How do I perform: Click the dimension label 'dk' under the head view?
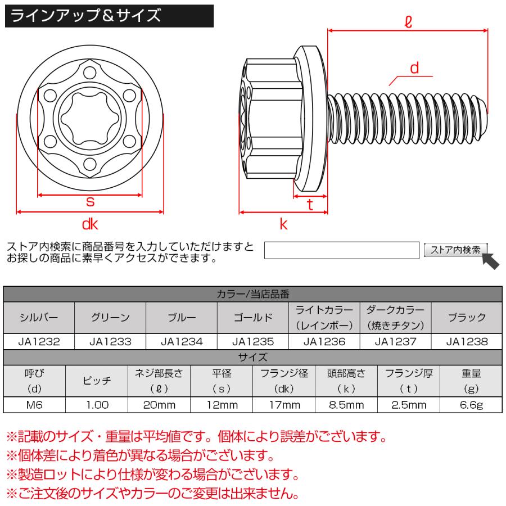90,225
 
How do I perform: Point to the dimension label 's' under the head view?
89,202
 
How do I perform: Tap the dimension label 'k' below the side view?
283,224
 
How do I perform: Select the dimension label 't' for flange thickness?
310,206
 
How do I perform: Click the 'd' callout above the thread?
415,68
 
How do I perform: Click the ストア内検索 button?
456,250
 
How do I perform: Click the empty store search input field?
342,250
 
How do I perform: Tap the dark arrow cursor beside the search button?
490,260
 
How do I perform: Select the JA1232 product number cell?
39,341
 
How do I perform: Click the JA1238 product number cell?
467,341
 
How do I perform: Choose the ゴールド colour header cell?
253,318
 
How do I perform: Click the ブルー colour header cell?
182,318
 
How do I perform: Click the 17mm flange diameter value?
284,405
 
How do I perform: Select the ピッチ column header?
97,381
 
